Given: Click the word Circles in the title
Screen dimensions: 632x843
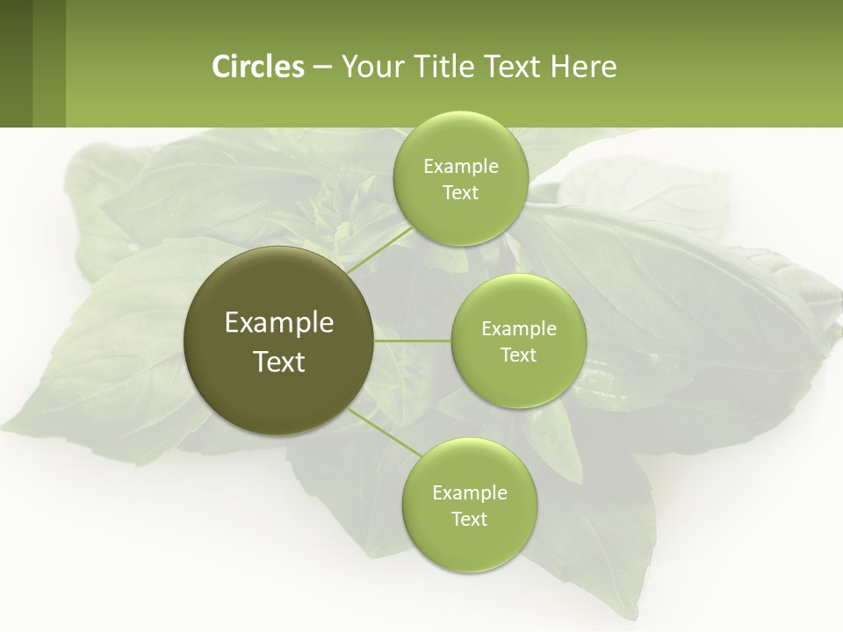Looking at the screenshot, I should point(258,67).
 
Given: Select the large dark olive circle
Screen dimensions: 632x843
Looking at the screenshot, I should point(279,341).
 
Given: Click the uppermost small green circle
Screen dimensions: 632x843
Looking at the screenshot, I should point(460,178).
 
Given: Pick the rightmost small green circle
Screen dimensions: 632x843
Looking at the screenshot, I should point(518,341).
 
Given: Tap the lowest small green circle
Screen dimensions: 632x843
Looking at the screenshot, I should point(469,505).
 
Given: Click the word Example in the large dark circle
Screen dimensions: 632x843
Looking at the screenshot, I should point(279,323).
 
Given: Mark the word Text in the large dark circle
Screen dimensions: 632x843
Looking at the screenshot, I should point(279,362).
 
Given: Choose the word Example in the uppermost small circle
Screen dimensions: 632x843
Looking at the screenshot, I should point(460,167).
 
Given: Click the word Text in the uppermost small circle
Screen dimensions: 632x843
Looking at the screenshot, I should point(460,193).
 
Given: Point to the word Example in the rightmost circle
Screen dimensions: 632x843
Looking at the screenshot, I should point(518,329).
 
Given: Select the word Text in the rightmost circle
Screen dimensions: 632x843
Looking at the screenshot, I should point(518,355).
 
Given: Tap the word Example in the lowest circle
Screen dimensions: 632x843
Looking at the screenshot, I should point(469,493).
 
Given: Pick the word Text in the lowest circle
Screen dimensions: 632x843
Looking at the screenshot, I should point(469,520).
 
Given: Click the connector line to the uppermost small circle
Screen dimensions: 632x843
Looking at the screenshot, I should point(379,252).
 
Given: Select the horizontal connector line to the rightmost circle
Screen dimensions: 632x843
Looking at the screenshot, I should point(413,341).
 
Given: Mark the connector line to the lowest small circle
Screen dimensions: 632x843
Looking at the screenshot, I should point(383,432).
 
